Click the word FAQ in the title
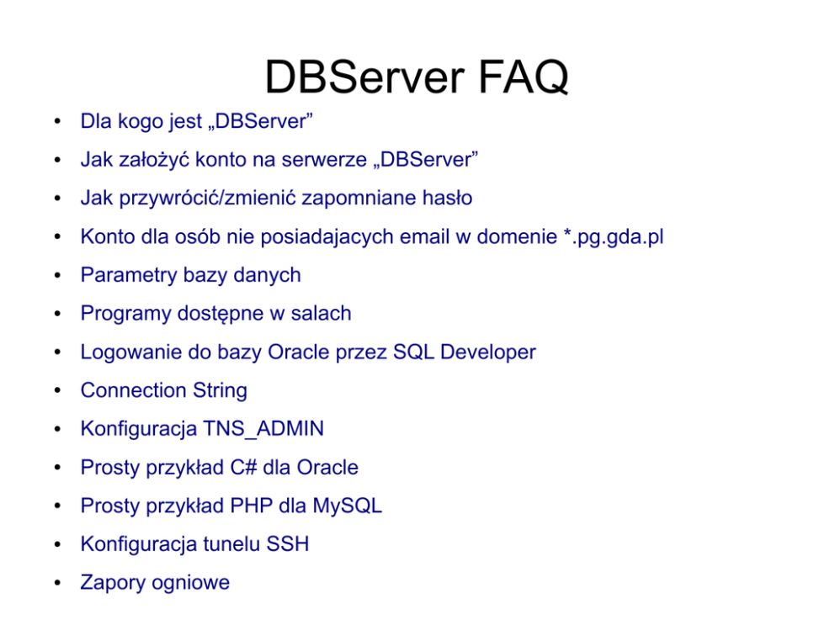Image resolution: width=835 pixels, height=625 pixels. point(524,77)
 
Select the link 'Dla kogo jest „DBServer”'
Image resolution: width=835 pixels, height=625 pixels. point(197,121)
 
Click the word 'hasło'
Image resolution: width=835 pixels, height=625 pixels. point(446,199)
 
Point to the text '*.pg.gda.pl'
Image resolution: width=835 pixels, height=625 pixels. point(613,237)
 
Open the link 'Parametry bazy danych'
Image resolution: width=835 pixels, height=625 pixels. point(190,275)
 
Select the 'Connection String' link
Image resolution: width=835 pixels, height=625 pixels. point(163,391)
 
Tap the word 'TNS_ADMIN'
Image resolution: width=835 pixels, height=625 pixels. point(263,429)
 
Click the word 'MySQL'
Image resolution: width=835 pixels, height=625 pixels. point(347,506)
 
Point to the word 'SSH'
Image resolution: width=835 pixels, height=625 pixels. point(288,544)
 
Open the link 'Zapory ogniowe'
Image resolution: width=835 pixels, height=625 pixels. point(155,583)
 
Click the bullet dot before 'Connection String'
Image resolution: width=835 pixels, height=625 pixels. point(56,392)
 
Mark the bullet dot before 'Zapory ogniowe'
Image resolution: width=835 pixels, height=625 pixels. point(56,584)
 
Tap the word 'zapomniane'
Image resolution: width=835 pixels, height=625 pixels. point(337,199)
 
